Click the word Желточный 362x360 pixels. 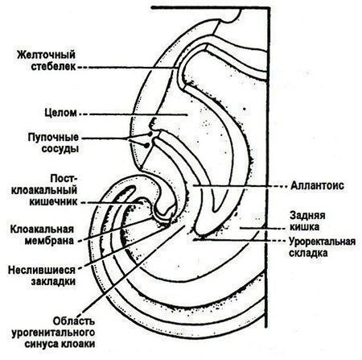pyautogui.click(x=46, y=56)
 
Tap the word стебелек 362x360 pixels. pyautogui.click(x=53, y=67)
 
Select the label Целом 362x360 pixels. pyautogui.click(x=60, y=113)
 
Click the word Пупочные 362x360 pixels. pyautogui.click(x=53, y=137)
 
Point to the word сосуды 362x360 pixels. pyautogui.click(x=60, y=148)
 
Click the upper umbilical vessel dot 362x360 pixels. pyautogui.click(x=150, y=134)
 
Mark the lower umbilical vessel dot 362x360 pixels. pyautogui.click(x=146, y=145)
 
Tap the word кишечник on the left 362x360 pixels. pyautogui.click(x=53, y=201)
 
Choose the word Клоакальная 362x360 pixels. pyautogui.click(x=42, y=230)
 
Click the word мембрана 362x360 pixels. pyautogui.click(x=49, y=241)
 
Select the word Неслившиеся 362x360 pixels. pyautogui.click(x=42, y=270)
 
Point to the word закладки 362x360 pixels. pyautogui.click(x=53, y=282)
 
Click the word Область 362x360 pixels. pyautogui.click(x=74, y=321)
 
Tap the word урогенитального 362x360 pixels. pyautogui.click(x=53, y=333)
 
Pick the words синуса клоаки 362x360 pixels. pyautogui.click(x=60, y=344)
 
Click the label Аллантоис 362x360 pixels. pyautogui.click(x=317, y=185)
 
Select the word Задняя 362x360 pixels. pyautogui.click(x=307, y=216)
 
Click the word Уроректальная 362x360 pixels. pyautogui.click(x=323, y=242)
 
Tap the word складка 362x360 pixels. pyautogui.click(x=308, y=253)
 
